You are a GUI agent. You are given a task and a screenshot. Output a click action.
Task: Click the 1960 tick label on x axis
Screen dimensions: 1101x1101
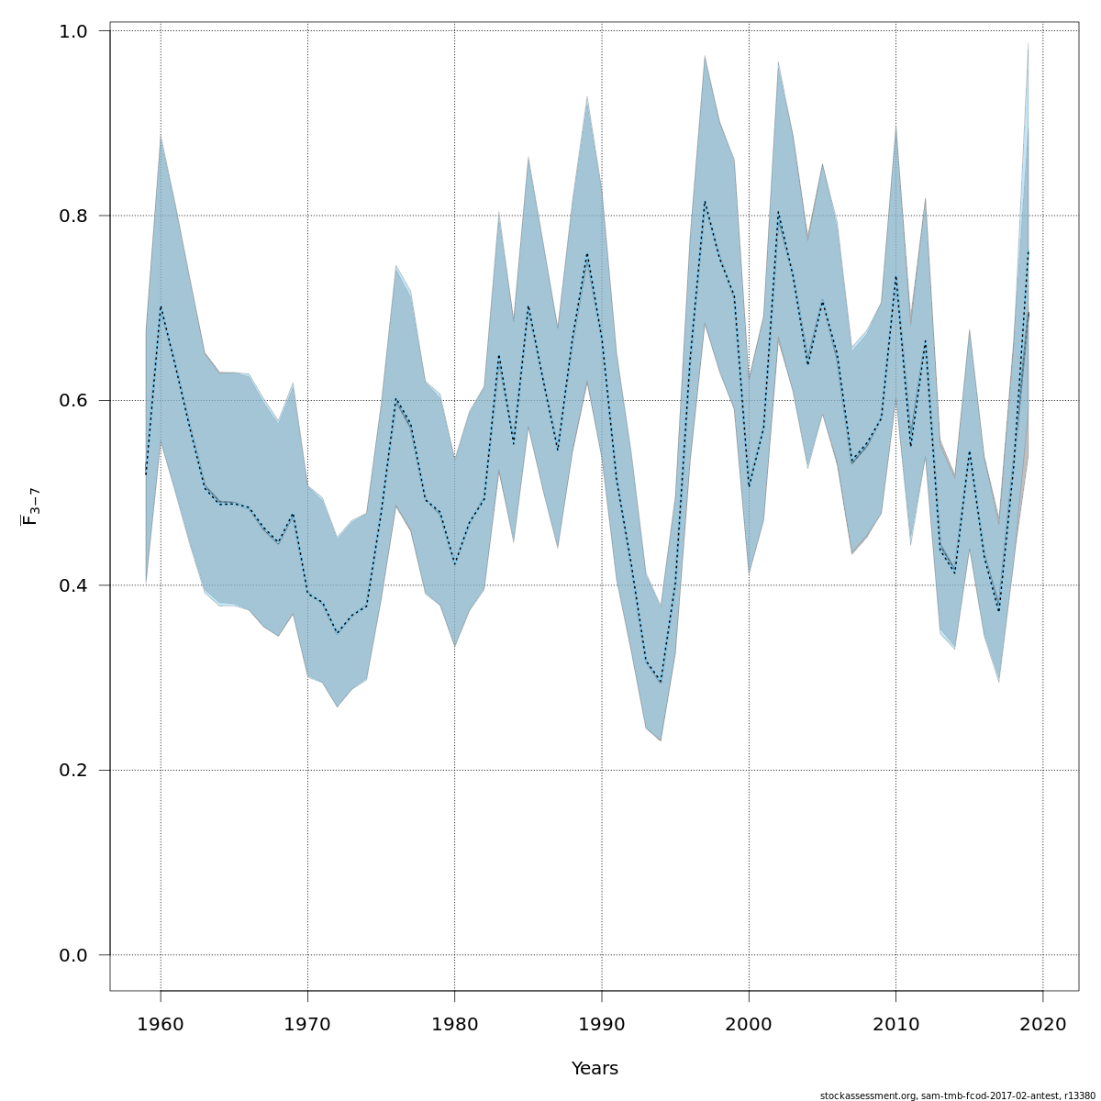161,1024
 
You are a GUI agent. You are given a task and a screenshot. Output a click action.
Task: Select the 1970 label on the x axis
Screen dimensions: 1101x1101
307,1024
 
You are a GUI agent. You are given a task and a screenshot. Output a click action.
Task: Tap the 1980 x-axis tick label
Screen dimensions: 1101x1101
455,1024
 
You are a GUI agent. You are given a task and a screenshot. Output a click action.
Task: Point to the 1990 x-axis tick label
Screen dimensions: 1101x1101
602,1024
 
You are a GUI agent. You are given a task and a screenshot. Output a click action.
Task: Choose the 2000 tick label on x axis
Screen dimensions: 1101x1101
749,1024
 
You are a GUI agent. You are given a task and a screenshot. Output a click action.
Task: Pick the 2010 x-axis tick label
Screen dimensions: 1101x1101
895,1024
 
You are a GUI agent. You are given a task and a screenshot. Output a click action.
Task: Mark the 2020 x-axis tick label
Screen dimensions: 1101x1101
1043,1024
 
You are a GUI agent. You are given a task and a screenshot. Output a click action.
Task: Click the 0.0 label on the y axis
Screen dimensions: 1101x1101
74,955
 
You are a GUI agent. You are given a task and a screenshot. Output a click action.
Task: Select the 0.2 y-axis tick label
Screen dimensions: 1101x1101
74,771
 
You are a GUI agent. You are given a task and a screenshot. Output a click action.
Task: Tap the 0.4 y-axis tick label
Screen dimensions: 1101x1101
74,585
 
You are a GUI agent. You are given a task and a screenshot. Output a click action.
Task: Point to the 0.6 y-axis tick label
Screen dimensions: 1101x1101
74,401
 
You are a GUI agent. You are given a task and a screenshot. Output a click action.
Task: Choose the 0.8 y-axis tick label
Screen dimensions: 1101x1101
74,216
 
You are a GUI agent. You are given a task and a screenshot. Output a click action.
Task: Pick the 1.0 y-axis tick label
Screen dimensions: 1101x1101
74,31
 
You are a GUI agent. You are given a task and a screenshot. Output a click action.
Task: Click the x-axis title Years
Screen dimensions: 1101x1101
595,1069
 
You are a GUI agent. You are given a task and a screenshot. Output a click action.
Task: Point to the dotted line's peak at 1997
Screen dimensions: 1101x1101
705,201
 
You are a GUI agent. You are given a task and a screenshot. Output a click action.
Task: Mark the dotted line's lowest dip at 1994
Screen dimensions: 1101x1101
661,683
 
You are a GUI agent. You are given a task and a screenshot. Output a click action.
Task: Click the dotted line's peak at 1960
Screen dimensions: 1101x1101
161,306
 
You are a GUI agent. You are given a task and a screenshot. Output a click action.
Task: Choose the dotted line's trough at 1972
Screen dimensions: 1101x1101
337,633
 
